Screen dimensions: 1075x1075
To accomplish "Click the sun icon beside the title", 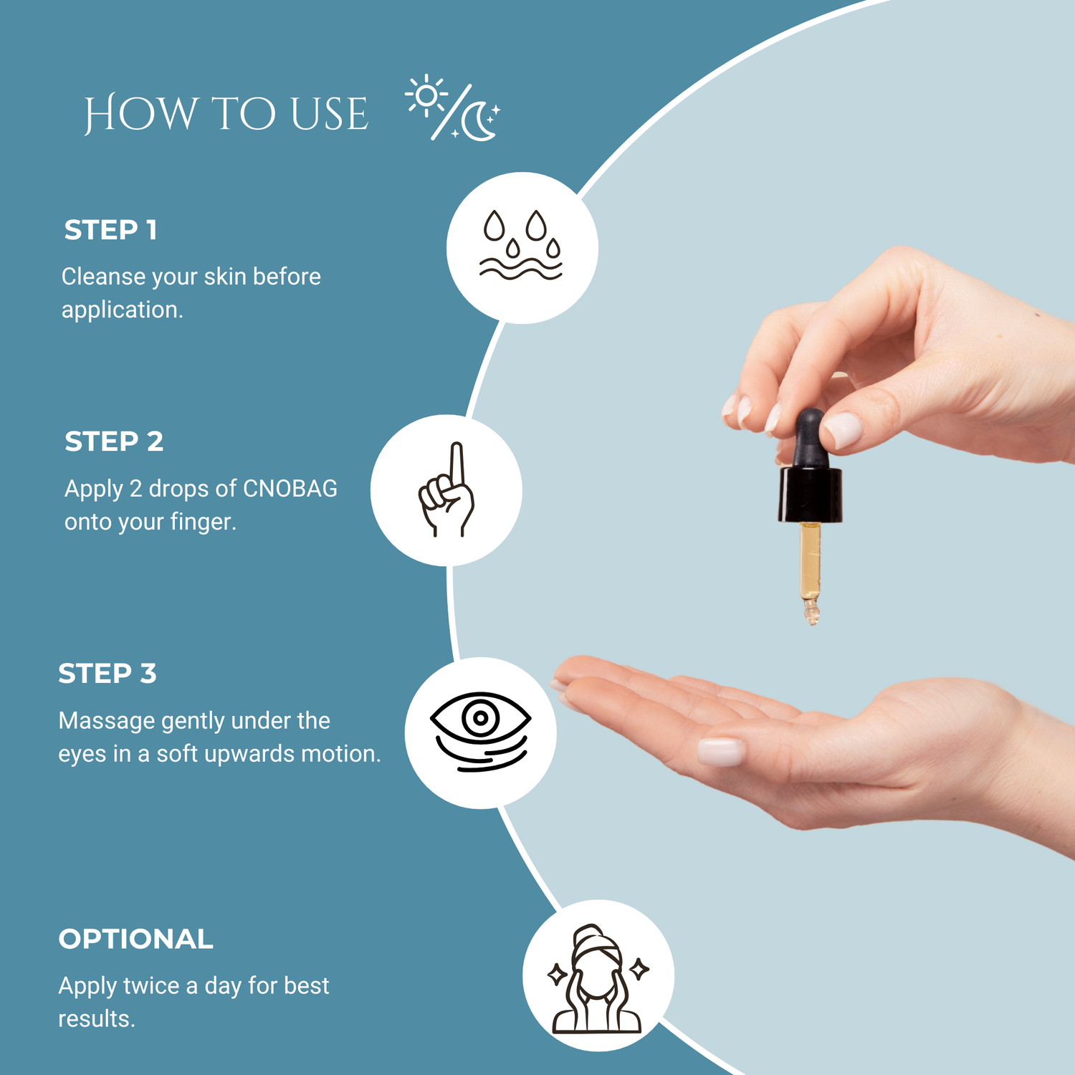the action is tap(426, 95).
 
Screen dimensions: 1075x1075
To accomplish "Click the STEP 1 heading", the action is tap(110, 230).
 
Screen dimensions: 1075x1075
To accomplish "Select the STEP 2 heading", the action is tap(114, 441).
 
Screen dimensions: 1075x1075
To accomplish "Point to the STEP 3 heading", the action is tap(107, 674).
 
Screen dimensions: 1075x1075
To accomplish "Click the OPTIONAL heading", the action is tap(135, 939).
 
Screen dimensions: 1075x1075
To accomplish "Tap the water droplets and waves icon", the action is tap(521, 244).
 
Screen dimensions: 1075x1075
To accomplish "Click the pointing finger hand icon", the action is tap(446, 489).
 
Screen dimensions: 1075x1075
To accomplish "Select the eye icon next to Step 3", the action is tap(480, 732).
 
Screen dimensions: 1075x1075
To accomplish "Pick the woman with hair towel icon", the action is tap(597, 978).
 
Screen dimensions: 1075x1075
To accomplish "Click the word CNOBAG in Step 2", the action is tap(290, 489).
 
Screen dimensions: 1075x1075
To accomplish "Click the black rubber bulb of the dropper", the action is tap(811, 437).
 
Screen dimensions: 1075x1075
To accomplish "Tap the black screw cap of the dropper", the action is tap(810, 494).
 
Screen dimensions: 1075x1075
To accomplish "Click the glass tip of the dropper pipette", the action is tap(811, 611).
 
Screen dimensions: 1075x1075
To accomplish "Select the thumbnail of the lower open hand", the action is tap(722, 752).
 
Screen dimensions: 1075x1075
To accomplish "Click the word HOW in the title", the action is tap(140, 114).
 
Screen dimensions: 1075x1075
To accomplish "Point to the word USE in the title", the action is tap(330, 114).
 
